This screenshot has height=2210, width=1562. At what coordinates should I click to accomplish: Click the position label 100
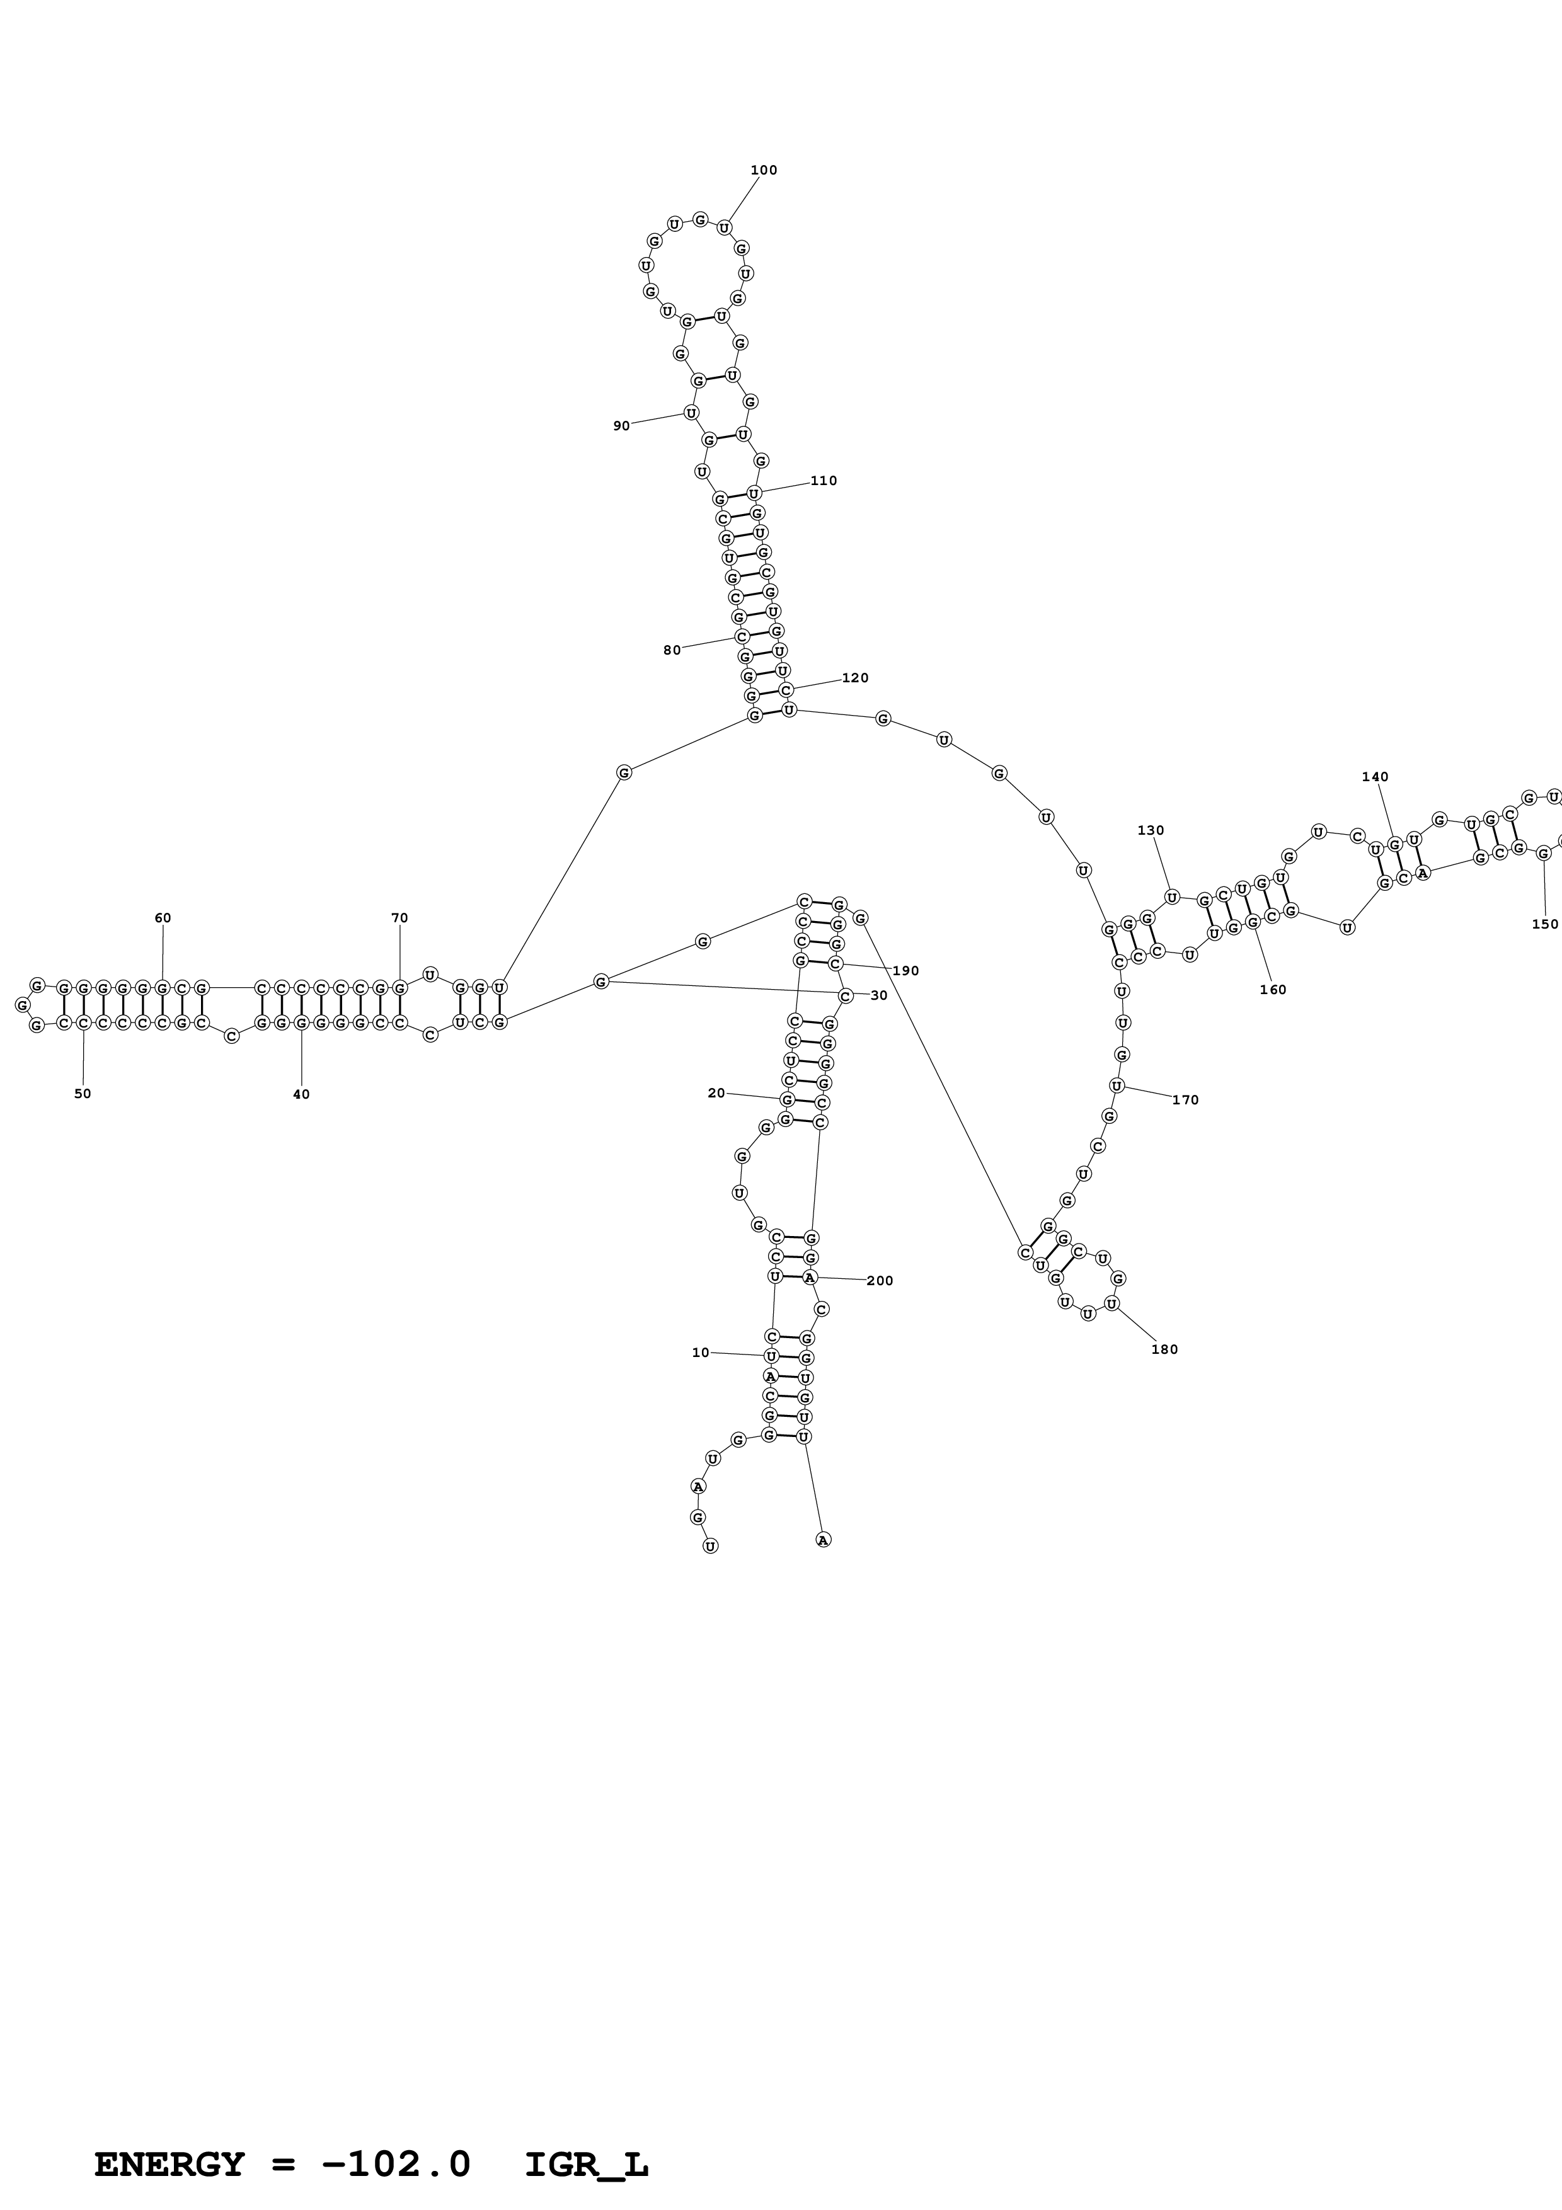click(x=763, y=170)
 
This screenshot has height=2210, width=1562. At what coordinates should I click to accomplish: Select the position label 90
click(x=622, y=425)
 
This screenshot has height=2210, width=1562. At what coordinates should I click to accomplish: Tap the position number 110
click(x=824, y=480)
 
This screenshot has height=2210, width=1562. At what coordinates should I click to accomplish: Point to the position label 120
click(x=854, y=678)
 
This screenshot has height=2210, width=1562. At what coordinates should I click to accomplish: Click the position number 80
click(x=672, y=650)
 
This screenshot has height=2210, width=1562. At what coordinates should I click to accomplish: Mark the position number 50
click(x=83, y=1094)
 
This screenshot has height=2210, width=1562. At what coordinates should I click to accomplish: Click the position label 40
click(x=301, y=1094)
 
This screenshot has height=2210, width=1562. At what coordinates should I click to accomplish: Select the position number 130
click(x=1151, y=830)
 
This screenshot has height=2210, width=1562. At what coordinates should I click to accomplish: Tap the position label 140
click(x=1375, y=777)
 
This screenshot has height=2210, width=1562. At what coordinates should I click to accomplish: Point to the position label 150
click(x=1545, y=924)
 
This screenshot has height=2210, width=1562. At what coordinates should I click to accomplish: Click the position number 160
click(x=1272, y=990)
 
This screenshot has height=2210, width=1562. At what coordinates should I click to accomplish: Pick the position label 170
click(x=1186, y=1099)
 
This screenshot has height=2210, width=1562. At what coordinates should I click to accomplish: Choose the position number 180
click(x=1164, y=1349)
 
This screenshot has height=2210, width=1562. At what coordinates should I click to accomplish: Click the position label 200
click(x=880, y=1280)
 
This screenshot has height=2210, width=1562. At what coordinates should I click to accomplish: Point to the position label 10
click(x=701, y=1353)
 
